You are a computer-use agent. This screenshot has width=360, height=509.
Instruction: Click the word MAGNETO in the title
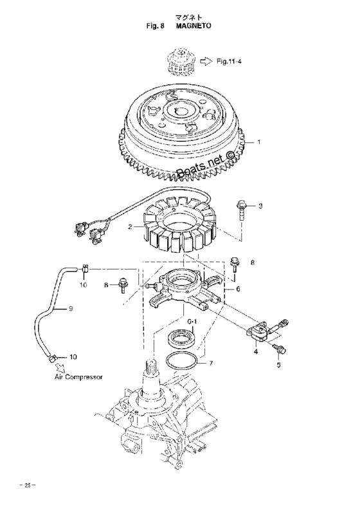(194, 26)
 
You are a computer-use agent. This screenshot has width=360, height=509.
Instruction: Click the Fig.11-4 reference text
(229, 61)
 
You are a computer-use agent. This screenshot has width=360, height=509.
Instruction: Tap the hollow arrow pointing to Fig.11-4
(206, 61)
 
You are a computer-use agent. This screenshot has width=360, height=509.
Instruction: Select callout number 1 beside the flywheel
(259, 142)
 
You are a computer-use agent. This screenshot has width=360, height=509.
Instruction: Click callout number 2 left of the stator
(130, 227)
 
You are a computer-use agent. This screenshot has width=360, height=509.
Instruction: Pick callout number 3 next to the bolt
(260, 206)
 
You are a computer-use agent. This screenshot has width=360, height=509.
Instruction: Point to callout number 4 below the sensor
(256, 351)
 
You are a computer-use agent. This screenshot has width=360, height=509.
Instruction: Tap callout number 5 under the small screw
(278, 365)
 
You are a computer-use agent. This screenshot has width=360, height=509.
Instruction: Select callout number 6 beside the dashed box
(238, 288)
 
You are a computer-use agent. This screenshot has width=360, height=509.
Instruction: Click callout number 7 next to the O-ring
(211, 363)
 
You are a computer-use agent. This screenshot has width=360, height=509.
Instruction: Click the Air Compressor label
(78, 377)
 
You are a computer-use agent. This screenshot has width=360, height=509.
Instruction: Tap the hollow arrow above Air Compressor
(60, 367)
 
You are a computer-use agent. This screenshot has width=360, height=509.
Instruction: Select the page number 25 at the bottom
(28, 486)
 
